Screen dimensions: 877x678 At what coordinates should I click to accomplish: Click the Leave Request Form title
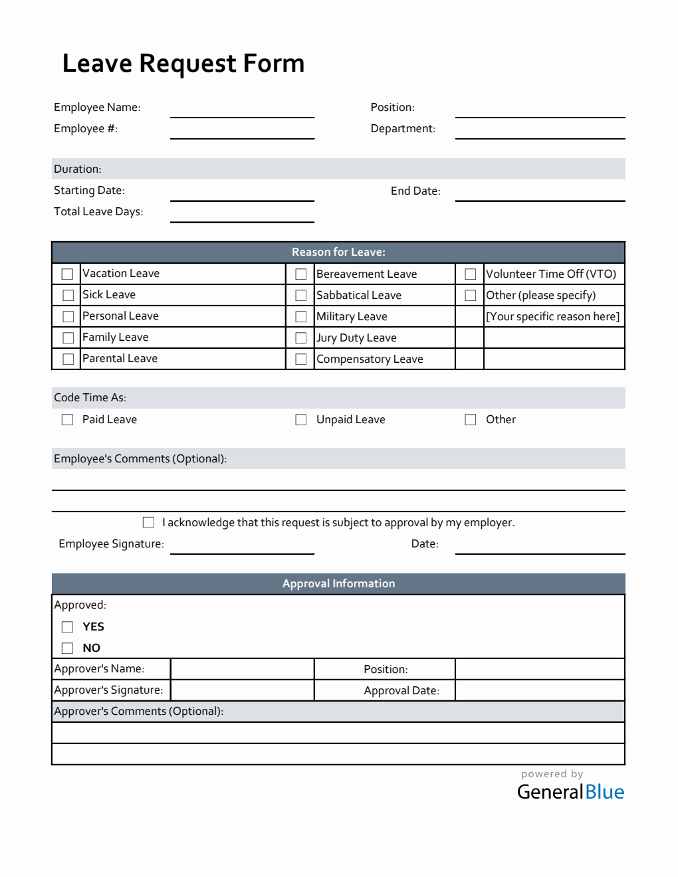[183, 64]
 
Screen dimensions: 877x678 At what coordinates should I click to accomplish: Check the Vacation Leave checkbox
[67, 274]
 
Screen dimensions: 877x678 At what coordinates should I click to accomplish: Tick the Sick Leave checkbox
[67, 295]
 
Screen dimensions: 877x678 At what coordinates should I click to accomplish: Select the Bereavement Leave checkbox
[301, 274]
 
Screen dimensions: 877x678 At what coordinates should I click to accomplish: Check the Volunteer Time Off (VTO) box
[471, 274]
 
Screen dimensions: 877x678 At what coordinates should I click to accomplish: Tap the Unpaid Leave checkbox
[301, 420]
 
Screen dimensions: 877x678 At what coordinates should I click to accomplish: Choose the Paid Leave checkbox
[67, 420]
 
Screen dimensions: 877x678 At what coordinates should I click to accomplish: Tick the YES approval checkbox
[67, 627]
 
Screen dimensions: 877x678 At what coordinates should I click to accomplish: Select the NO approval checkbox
[67, 648]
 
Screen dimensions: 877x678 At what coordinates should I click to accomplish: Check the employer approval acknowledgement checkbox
[148, 523]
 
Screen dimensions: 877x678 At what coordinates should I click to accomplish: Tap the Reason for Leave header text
[338, 252]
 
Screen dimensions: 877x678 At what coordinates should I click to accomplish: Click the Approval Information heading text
[338, 584]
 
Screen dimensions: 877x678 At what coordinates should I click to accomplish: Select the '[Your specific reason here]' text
[553, 316]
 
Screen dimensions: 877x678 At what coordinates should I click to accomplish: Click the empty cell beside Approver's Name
[242, 669]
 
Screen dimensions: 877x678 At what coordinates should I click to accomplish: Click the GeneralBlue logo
[570, 791]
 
